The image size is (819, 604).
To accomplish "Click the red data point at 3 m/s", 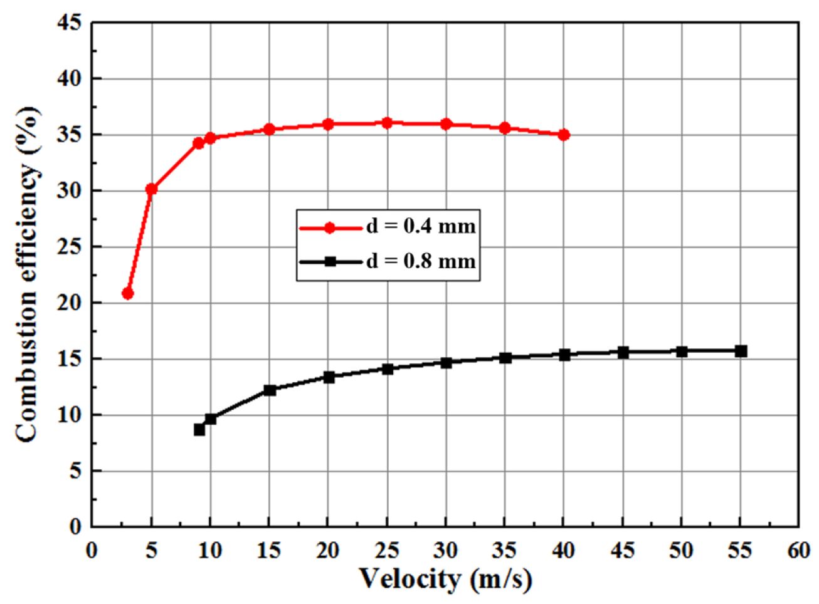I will (x=128, y=293).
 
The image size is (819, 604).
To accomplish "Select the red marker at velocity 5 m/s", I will (x=151, y=189).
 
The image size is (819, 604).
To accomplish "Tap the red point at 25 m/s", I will (x=387, y=123).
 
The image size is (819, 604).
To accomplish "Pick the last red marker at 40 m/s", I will (x=564, y=135).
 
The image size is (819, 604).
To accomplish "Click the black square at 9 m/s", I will (x=199, y=430).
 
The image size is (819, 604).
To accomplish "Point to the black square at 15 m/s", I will (x=270, y=390).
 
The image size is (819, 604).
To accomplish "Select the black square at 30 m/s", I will (x=446, y=363).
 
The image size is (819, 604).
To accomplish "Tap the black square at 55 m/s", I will (x=741, y=351).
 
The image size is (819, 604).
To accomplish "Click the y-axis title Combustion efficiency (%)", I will (x=26, y=274).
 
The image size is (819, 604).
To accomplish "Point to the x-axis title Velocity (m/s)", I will (x=445, y=578).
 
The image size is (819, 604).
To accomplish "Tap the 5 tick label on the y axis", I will (x=75, y=471).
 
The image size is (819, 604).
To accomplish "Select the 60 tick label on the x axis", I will (x=798, y=550).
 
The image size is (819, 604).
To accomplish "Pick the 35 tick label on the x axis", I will (x=505, y=550).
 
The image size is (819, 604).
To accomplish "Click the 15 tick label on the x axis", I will (x=269, y=550).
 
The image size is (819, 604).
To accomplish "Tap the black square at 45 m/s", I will (x=623, y=353).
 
